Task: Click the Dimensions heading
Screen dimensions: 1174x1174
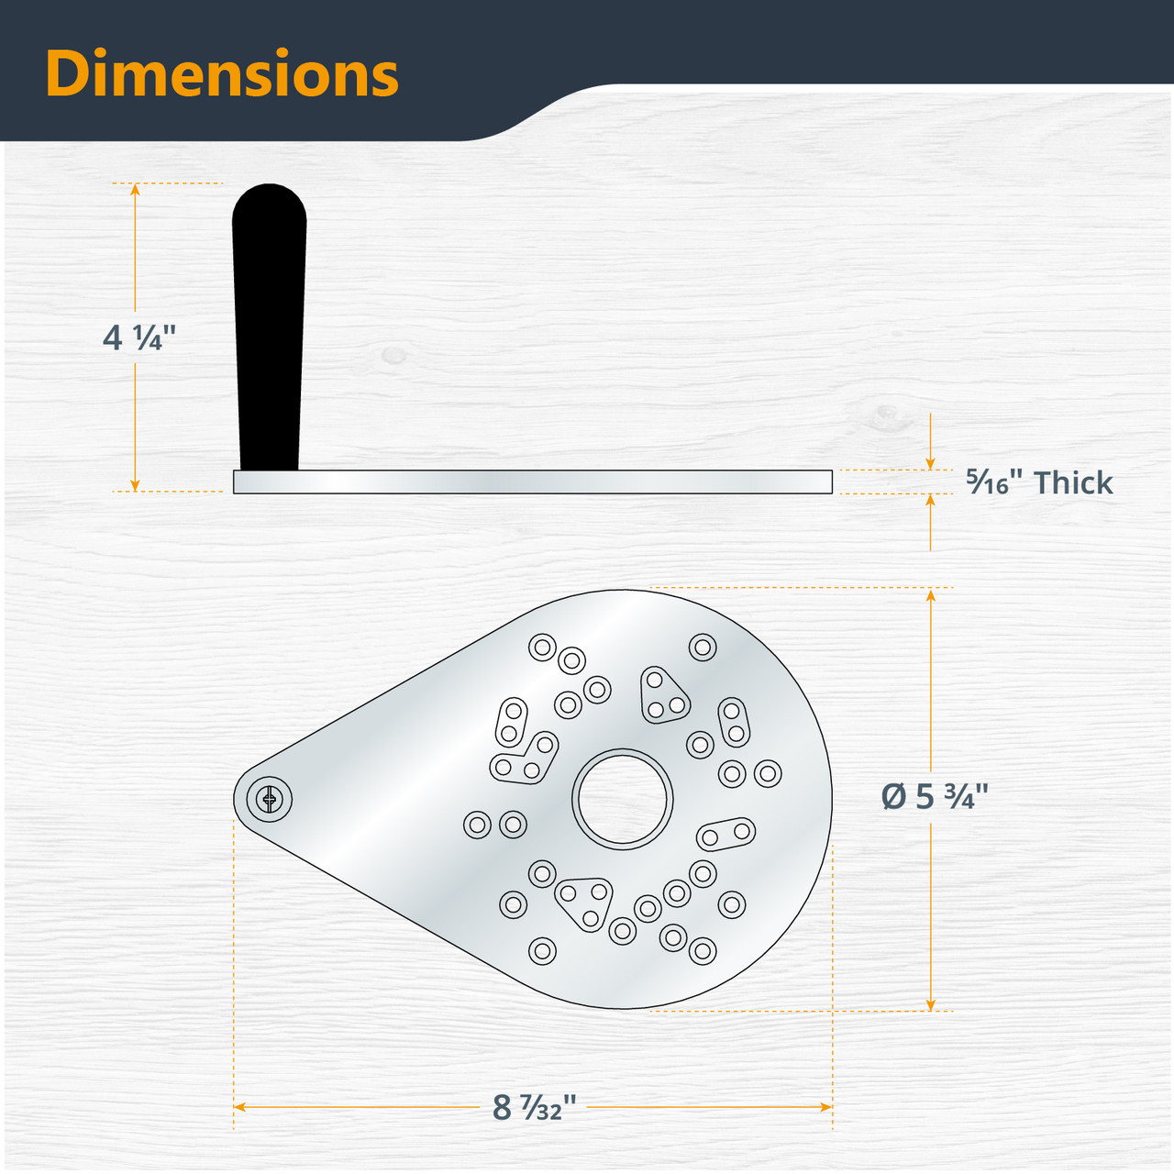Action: point(222,73)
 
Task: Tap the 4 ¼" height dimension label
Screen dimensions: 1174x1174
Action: point(138,338)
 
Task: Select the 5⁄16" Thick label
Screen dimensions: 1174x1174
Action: point(1038,482)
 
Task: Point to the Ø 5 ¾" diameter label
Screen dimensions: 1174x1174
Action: point(935,796)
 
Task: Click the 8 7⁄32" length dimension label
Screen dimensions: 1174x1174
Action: point(534,1107)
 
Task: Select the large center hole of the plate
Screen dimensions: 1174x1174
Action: point(623,798)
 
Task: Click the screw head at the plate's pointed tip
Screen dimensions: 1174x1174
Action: point(270,800)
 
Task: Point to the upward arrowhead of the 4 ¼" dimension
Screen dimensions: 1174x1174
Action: point(136,190)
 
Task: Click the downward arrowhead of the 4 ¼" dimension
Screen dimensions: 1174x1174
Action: point(136,484)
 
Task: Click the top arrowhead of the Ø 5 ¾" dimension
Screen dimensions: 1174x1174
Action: point(931,596)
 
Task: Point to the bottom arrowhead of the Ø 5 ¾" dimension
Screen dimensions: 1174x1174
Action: point(931,1004)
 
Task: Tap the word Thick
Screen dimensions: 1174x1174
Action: point(1073,482)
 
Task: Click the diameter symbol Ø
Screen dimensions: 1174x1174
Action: point(894,796)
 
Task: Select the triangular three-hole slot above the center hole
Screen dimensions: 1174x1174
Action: point(663,695)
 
